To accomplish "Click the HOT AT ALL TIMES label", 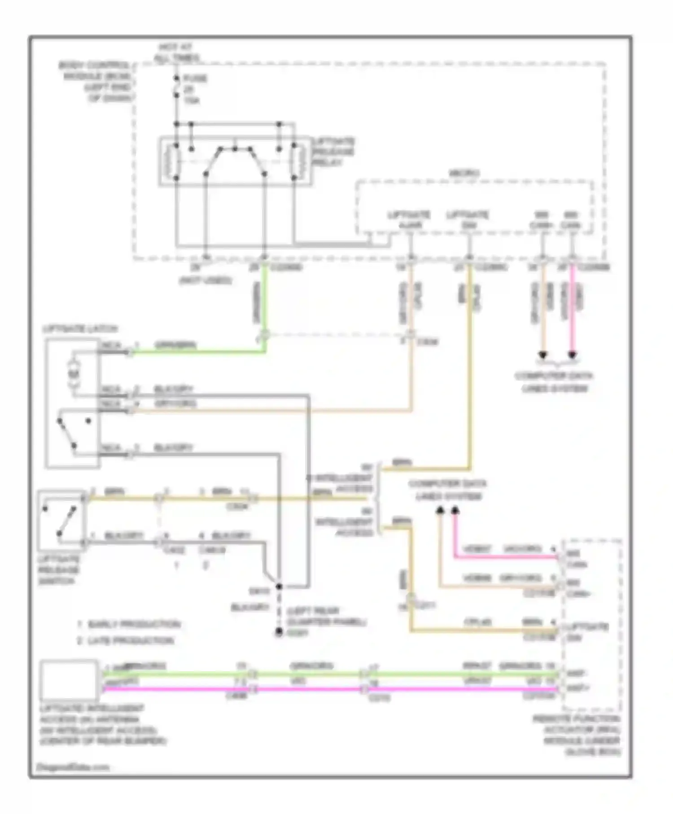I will (x=176, y=53).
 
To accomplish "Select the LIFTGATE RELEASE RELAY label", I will (x=333, y=152).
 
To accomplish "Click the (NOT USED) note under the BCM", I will (x=205, y=281).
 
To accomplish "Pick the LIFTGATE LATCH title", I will (x=80, y=329).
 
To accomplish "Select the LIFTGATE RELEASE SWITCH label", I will (x=59, y=570).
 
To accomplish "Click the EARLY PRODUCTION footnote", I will (x=133, y=624).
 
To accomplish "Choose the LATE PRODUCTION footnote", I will (x=130, y=640).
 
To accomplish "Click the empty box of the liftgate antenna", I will (x=69, y=680).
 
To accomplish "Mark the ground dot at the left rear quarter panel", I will (x=279, y=632).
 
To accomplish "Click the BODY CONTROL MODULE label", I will (x=95, y=82).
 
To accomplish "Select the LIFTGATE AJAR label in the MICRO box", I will (x=409, y=219).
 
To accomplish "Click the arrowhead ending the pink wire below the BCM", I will (x=572, y=355).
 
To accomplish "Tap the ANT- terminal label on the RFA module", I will (x=576, y=673).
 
